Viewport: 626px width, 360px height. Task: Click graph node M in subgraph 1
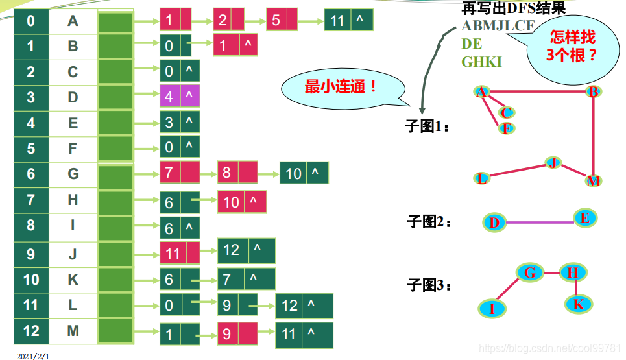tap(593, 181)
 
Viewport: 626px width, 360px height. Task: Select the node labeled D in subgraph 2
tap(494, 223)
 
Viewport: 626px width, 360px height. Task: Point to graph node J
tap(553, 162)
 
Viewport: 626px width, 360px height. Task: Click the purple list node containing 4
tap(180, 97)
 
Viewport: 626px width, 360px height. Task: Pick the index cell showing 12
tap(31, 331)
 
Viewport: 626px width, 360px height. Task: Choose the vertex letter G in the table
tap(73, 174)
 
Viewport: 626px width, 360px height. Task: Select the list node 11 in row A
tap(348, 21)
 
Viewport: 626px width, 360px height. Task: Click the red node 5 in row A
tap(282, 21)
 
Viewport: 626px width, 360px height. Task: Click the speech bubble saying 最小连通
tap(341, 88)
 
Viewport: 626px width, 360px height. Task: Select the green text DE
tap(472, 44)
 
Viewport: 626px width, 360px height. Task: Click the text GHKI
tap(481, 62)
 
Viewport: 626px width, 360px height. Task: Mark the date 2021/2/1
tap(32, 355)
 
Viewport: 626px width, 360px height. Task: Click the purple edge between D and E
tap(538, 222)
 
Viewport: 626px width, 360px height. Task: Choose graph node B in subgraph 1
tap(592, 92)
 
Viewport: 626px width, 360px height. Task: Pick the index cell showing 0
tap(31, 21)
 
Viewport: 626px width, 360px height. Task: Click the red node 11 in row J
tap(180, 252)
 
